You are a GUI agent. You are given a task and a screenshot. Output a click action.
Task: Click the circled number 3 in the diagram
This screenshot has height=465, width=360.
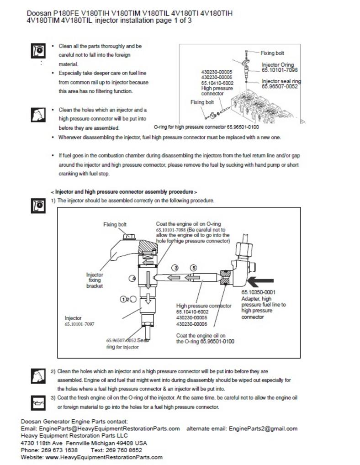point(175,267)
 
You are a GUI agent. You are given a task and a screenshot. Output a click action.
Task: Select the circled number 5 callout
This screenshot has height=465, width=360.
point(193,267)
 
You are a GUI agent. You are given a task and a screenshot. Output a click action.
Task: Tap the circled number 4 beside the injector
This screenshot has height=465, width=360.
point(133,278)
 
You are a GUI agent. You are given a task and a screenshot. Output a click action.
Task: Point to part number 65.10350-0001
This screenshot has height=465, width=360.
point(258,292)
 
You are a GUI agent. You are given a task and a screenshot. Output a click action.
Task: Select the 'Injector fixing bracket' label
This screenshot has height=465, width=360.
point(95,280)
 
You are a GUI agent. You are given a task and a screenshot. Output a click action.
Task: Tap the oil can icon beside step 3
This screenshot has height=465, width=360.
point(37,402)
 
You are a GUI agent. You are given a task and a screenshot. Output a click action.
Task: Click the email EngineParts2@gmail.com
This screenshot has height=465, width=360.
point(263,428)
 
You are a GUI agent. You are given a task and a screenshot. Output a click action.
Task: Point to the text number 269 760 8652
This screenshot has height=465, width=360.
point(119,450)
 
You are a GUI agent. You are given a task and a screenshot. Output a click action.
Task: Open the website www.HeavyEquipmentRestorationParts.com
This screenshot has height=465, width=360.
point(104,457)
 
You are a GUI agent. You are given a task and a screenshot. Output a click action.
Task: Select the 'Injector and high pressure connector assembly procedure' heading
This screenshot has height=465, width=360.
point(124,192)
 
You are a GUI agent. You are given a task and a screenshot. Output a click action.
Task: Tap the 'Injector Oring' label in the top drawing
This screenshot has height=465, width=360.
point(277,65)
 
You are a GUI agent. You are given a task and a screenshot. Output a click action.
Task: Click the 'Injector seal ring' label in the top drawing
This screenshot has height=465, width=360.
point(281,81)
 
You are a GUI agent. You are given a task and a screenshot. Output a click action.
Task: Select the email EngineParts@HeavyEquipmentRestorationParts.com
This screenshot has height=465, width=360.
point(109,428)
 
